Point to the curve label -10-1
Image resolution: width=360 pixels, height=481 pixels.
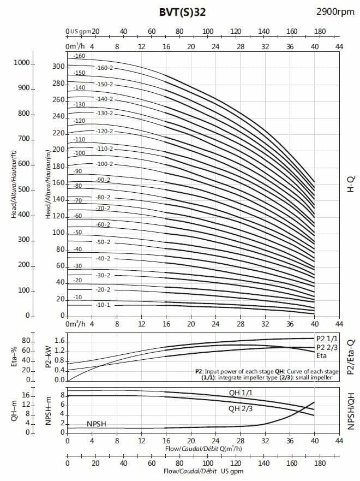(x=102, y=305)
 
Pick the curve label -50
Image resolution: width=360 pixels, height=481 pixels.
(x=79, y=233)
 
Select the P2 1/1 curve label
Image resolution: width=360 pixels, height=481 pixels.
(x=326, y=338)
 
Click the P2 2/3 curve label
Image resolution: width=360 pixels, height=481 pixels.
(x=326, y=348)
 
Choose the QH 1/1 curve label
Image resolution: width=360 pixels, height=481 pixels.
(x=240, y=393)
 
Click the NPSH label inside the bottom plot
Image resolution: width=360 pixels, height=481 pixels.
(x=97, y=424)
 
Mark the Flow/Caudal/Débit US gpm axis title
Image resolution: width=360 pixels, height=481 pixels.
(x=203, y=471)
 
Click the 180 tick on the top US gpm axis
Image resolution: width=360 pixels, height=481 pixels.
(x=320, y=31)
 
